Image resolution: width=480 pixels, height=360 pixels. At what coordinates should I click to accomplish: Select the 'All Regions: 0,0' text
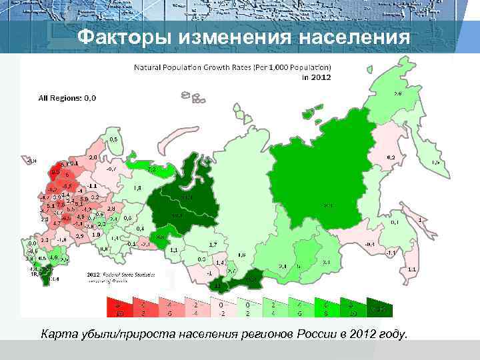(x=67, y=97)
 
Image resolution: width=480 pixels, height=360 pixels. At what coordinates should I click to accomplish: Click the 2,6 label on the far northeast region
(x=397, y=94)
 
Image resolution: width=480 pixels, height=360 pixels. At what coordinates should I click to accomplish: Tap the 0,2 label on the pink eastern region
(x=391, y=157)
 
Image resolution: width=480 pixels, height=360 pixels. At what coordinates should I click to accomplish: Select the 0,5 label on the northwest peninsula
(x=113, y=139)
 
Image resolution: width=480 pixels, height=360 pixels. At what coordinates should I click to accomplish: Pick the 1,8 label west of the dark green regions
(x=137, y=189)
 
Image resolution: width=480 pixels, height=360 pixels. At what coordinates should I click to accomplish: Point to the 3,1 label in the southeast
(x=326, y=263)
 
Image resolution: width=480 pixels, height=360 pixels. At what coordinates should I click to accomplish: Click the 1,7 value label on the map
(x=213, y=245)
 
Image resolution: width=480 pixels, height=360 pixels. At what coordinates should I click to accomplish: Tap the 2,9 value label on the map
(x=79, y=236)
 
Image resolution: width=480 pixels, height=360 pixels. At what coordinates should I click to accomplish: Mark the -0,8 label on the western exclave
(x=31, y=161)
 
